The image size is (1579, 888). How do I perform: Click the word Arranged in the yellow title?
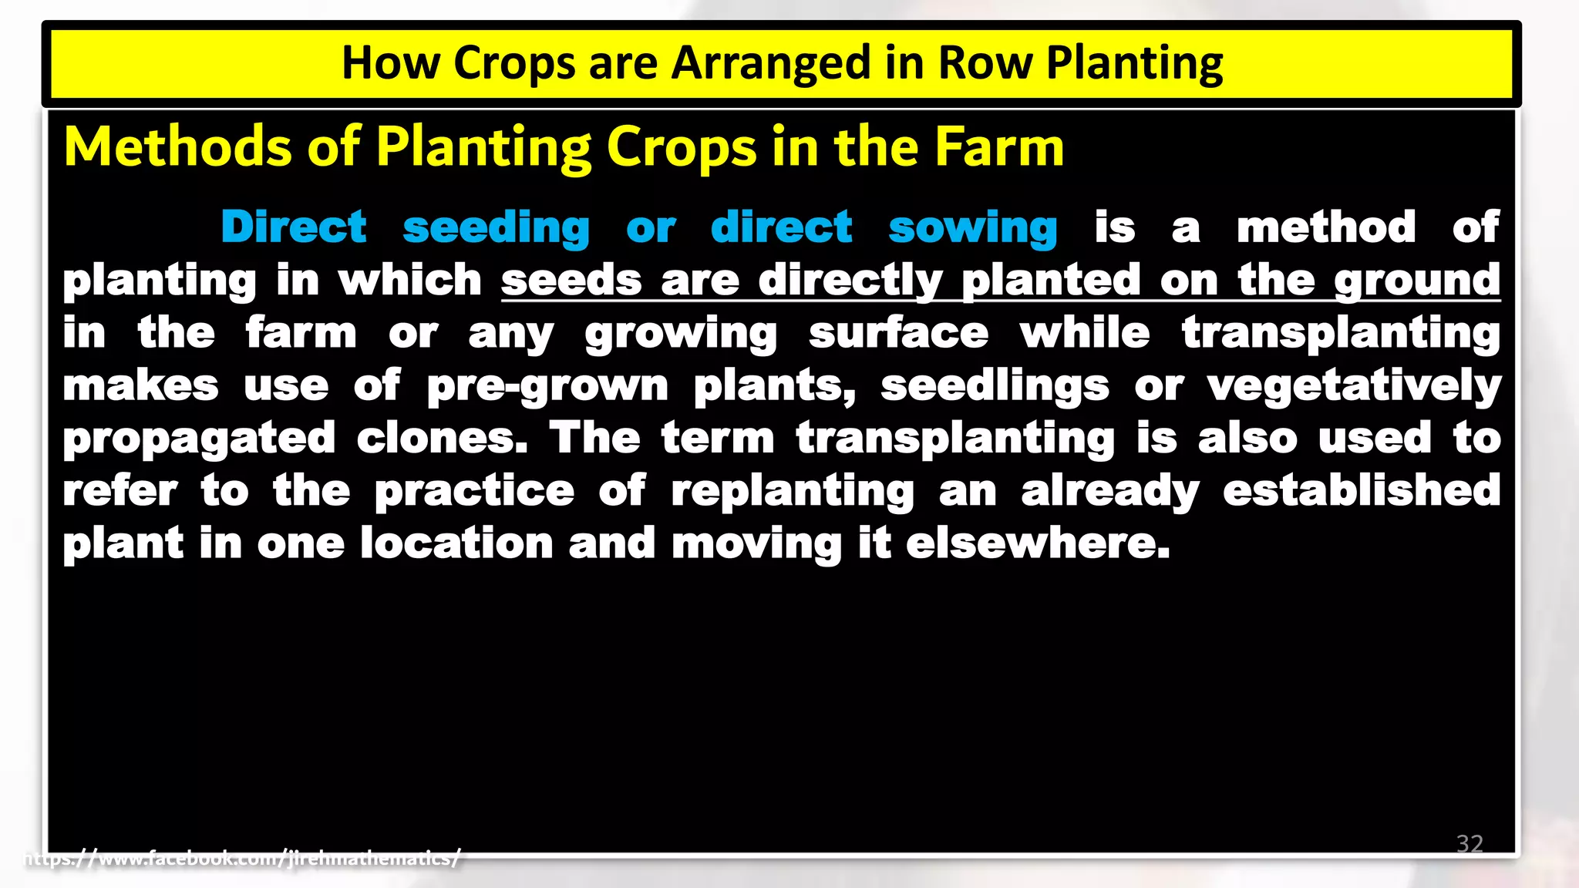[x=770, y=63]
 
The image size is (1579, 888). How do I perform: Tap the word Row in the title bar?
[x=985, y=63]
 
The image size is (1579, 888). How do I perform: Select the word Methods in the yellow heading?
[x=178, y=146]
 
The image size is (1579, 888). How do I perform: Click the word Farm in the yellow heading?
[x=999, y=146]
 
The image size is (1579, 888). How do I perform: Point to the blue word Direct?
[x=293, y=227]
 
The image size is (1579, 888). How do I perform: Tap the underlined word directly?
[x=850, y=281]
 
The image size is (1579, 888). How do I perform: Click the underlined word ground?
[x=1417, y=281]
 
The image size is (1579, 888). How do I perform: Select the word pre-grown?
[x=547, y=386]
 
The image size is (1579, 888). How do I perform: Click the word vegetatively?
[x=1354, y=386]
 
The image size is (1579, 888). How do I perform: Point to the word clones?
[x=443, y=439]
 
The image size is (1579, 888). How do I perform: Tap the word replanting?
[x=793, y=492]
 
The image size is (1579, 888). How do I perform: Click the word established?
[x=1362, y=490]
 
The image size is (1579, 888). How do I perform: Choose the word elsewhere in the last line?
[x=1038, y=543]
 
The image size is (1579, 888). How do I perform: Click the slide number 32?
[x=1470, y=843]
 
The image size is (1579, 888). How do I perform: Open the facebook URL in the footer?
[x=242, y=858]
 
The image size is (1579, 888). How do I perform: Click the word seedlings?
[x=995, y=386]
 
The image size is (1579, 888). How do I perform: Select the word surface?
[x=898, y=333]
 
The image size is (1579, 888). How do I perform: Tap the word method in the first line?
[x=1326, y=227]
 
